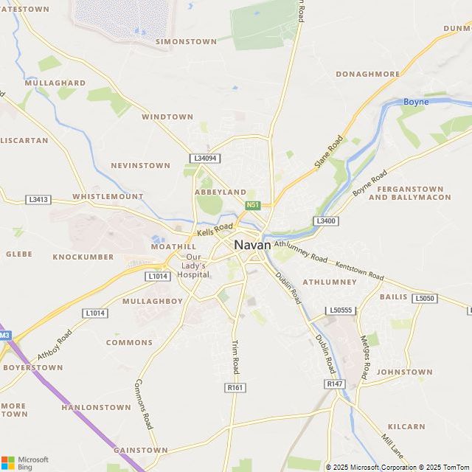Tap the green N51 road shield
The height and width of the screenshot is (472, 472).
(x=253, y=205)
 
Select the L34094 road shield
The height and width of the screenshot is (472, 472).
(x=204, y=159)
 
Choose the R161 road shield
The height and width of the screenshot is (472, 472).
(x=235, y=388)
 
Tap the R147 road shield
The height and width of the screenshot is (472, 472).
(x=334, y=384)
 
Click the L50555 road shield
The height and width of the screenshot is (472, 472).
(x=342, y=310)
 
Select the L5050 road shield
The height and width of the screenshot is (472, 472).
(x=424, y=299)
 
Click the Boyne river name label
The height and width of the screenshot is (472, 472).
(x=416, y=102)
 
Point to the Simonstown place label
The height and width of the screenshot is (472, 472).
(x=184, y=42)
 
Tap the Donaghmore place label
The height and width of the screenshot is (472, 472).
(x=367, y=74)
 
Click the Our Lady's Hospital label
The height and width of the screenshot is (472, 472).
(x=194, y=265)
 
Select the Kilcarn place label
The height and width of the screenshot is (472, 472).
(x=406, y=427)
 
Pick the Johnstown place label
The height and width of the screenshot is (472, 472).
(x=404, y=372)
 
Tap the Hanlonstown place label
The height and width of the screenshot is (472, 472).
(x=96, y=407)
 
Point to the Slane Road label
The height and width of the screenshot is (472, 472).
(x=329, y=151)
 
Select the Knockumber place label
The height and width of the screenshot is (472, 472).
(x=83, y=257)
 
